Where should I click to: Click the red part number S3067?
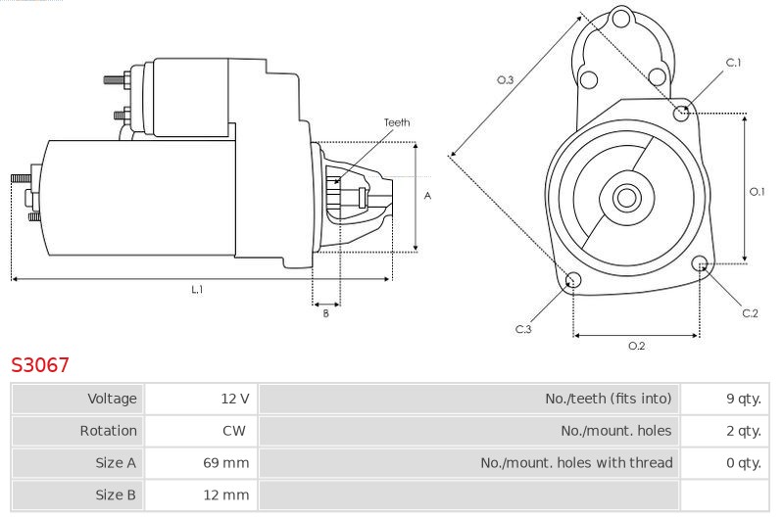(x=40, y=364)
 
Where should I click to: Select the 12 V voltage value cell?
(x=235, y=399)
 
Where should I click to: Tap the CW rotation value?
(x=234, y=431)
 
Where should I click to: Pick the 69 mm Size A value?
(x=226, y=463)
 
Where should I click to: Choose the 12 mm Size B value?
(x=226, y=495)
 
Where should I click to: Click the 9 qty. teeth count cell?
(x=744, y=399)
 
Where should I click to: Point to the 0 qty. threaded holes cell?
(x=744, y=463)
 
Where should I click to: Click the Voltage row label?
(x=112, y=399)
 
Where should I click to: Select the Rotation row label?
(x=109, y=431)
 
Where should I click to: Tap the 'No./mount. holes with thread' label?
(x=576, y=463)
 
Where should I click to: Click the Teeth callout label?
(x=397, y=122)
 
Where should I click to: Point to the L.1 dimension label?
(x=197, y=289)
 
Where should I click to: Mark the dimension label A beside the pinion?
(x=427, y=196)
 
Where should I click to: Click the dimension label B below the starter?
(x=326, y=313)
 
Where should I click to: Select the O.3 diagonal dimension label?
(x=505, y=79)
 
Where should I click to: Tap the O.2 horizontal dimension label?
(x=636, y=346)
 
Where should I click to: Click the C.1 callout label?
(x=733, y=63)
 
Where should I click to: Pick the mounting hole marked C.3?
(x=573, y=280)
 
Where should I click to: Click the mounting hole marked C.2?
(x=701, y=263)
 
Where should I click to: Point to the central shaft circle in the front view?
(x=626, y=197)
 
